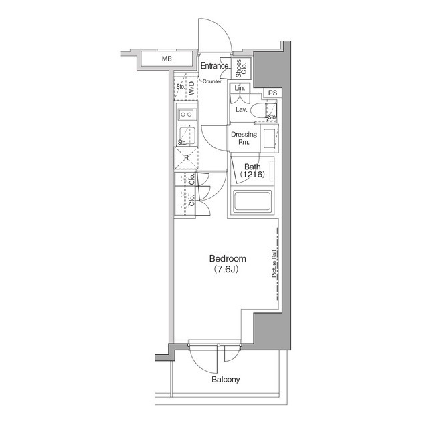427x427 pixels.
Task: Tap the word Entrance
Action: click(x=215, y=66)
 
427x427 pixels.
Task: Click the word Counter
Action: click(x=211, y=81)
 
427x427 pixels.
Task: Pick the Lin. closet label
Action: click(x=240, y=89)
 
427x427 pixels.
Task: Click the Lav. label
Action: click(x=242, y=109)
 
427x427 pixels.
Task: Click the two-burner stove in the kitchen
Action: click(x=187, y=115)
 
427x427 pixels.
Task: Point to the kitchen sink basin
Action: click(x=186, y=135)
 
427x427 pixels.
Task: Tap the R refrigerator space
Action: click(x=186, y=158)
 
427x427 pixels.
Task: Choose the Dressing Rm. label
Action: click(x=244, y=138)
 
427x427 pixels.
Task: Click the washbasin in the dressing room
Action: click(x=268, y=139)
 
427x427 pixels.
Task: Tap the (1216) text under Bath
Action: click(x=252, y=175)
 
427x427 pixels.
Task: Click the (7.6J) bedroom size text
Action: click(x=227, y=270)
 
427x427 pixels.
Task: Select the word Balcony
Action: click(x=226, y=380)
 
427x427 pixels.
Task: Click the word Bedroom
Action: click(x=228, y=258)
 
